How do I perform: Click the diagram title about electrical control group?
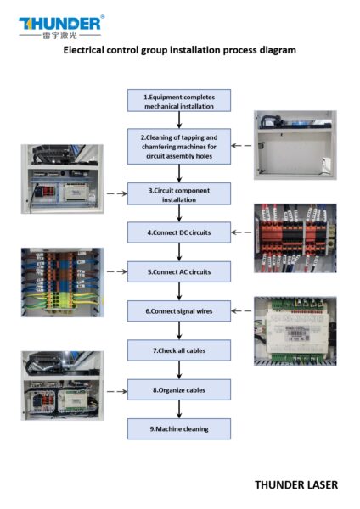click(180, 51)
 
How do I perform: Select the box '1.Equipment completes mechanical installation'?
click(179, 100)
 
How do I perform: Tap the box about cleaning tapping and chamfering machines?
click(179, 146)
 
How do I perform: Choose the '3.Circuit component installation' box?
click(179, 193)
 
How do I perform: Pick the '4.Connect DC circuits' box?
click(179, 232)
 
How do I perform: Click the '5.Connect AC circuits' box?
click(179, 271)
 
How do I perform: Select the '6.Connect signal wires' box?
click(179, 311)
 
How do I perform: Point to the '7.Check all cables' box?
click(179, 350)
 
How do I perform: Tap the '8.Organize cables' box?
click(179, 390)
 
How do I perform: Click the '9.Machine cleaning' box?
click(179, 428)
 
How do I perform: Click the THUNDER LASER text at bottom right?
click(295, 484)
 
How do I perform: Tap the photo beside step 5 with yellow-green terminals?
click(62, 282)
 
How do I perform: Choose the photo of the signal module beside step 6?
click(295, 330)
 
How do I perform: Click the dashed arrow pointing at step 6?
click(242, 312)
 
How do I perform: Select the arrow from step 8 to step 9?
click(179, 410)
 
